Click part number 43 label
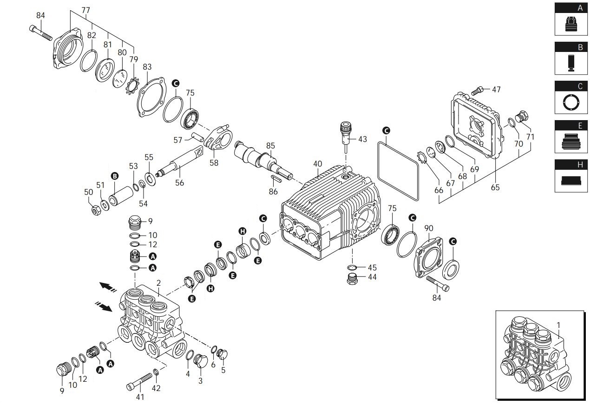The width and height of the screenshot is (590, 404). tap(362, 139)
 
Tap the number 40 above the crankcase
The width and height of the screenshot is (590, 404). tap(317, 164)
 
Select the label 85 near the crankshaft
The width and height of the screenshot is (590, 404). tap(270, 146)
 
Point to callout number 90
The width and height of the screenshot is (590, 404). tap(429, 228)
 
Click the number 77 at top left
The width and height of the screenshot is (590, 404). tap(85, 10)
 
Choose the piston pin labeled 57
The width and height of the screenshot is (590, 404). tap(197, 137)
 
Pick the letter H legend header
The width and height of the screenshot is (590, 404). tap(579, 165)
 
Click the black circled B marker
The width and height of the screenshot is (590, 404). tap(114, 176)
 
